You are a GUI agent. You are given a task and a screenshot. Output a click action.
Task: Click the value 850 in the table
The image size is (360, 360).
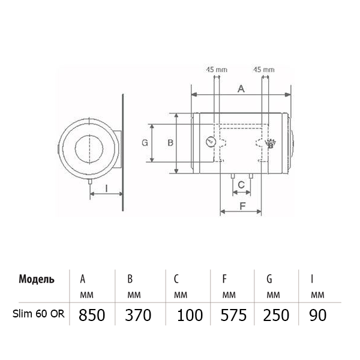point(92,315)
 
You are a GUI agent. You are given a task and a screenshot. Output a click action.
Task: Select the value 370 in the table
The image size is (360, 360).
point(138,315)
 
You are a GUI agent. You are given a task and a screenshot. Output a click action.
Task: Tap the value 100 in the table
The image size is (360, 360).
point(190,315)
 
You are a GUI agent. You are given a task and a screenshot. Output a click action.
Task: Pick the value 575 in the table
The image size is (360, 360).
point(233,315)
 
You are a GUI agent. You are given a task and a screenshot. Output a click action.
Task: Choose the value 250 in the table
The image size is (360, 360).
point(276,315)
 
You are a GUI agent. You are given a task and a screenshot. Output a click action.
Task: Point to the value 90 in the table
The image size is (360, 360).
point(318,315)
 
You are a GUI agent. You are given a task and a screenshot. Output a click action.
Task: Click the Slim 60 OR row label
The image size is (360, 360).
point(38,314)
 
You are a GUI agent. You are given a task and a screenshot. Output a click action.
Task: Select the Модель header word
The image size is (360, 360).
point(37,279)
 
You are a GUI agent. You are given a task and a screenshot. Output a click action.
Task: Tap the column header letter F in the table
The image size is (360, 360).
point(224,279)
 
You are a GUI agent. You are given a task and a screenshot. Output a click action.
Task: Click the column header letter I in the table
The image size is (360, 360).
point(312,279)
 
